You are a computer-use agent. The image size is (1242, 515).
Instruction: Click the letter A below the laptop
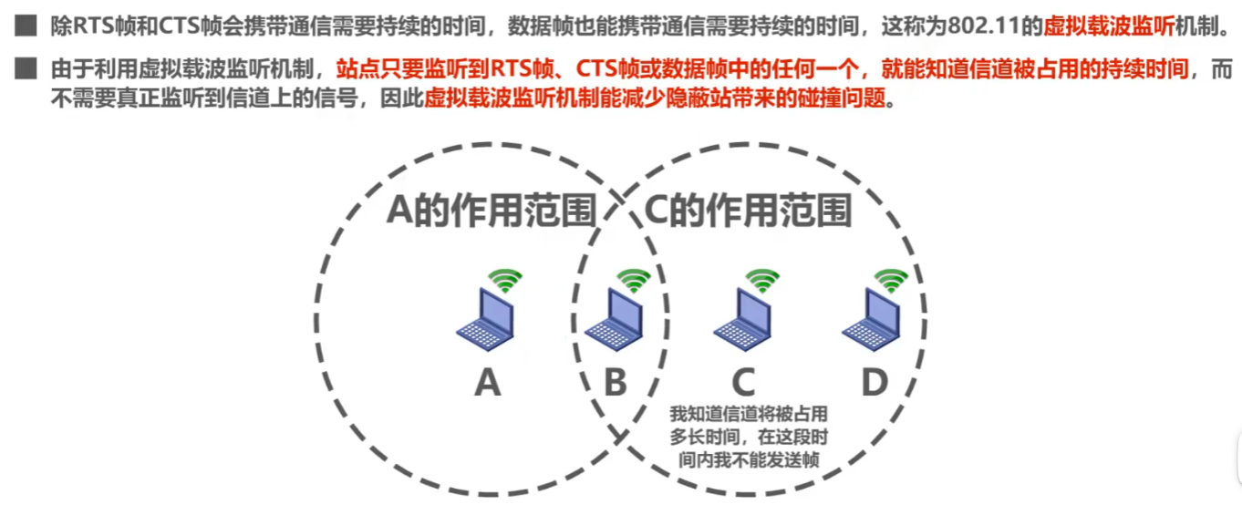(x=488, y=384)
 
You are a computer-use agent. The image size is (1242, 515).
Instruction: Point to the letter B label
(x=616, y=384)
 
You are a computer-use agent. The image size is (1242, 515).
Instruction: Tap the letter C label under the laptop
(x=744, y=384)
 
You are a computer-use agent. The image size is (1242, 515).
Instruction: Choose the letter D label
(x=874, y=384)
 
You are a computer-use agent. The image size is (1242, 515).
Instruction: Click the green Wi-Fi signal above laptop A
(x=503, y=279)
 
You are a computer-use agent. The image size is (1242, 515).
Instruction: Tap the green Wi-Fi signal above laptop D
(x=890, y=279)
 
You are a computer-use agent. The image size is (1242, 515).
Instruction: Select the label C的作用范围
(x=748, y=211)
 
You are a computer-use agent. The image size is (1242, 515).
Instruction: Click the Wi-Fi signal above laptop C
(x=761, y=279)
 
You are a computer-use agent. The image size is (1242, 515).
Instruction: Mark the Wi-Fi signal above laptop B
(x=632, y=279)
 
